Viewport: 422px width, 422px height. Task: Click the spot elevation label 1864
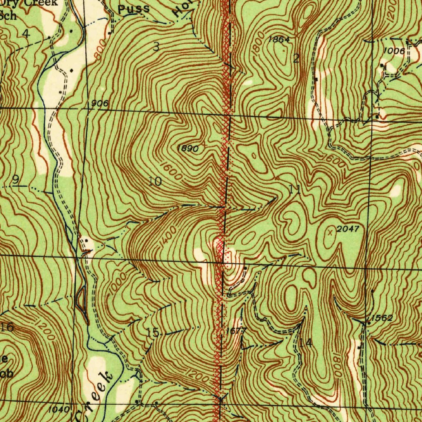coord(279,40)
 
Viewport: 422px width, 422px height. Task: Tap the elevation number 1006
coord(394,50)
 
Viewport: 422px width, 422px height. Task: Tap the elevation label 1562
coord(381,318)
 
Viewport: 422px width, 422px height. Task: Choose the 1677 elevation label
coord(236,331)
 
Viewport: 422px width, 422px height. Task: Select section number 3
coord(156,47)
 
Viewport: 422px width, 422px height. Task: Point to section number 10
coord(155,181)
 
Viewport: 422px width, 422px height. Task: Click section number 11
coord(295,190)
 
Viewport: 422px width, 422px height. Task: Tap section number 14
coord(305,342)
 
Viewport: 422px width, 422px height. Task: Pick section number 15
coord(152,332)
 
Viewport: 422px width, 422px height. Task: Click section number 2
coord(296,59)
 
